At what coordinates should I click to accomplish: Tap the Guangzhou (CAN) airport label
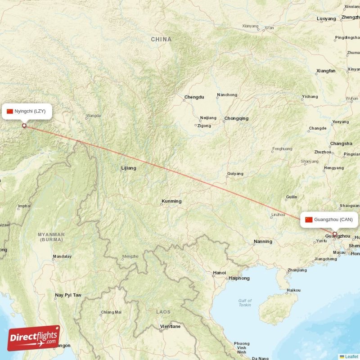point(330,220)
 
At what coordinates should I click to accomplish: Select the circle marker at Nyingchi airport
point(24,126)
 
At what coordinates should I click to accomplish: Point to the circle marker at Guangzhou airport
point(334,234)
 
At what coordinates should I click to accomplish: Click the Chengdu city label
point(194,97)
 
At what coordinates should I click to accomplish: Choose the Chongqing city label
point(236,118)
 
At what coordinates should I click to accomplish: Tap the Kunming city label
point(171,201)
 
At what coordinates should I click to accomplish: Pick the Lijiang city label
point(128,168)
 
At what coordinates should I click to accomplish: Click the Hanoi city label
point(219,273)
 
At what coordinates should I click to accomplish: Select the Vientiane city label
point(170,326)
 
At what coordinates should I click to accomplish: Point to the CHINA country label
point(161,40)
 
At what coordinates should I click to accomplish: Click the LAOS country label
point(163,311)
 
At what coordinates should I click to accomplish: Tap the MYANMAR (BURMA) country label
point(51,237)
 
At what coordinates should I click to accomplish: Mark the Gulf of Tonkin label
point(245,303)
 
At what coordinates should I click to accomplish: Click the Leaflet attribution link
point(351,356)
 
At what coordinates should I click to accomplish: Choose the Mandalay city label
point(62,257)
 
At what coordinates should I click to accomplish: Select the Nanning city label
point(263,242)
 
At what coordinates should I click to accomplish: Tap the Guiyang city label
point(235,174)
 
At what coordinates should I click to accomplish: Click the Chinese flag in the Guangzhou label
point(309,220)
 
